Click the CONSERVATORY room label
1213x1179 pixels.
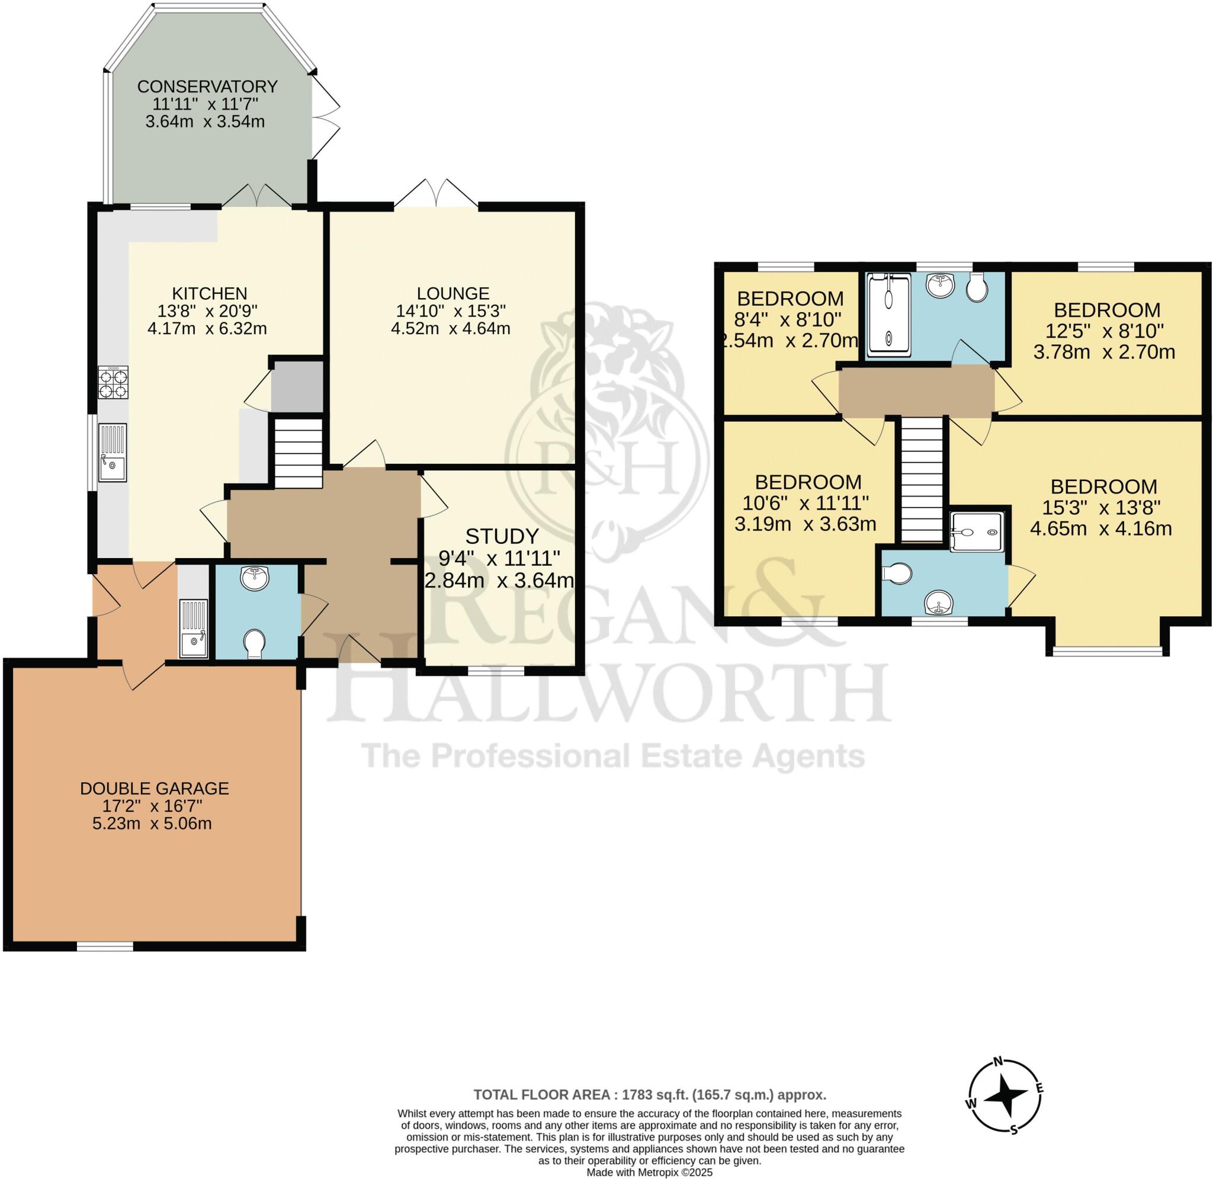click(207, 86)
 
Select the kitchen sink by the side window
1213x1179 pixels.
click(113, 452)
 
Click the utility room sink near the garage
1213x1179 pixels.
click(194, 628)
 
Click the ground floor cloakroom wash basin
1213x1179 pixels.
click(256, 578)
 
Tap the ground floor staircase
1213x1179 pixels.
click(299, 454)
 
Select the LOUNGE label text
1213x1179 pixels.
click(453, 293)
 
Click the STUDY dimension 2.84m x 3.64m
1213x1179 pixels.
click(499, 581)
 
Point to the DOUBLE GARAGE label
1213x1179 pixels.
click(155, 788)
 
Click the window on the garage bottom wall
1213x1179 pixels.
click(105, 946)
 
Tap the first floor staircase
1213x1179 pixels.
click(922, 480)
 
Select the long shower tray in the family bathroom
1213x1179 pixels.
click(890, 316)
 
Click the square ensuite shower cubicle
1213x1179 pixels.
click(976, 531)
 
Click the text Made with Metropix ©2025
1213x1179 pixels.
click(649, 1173)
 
